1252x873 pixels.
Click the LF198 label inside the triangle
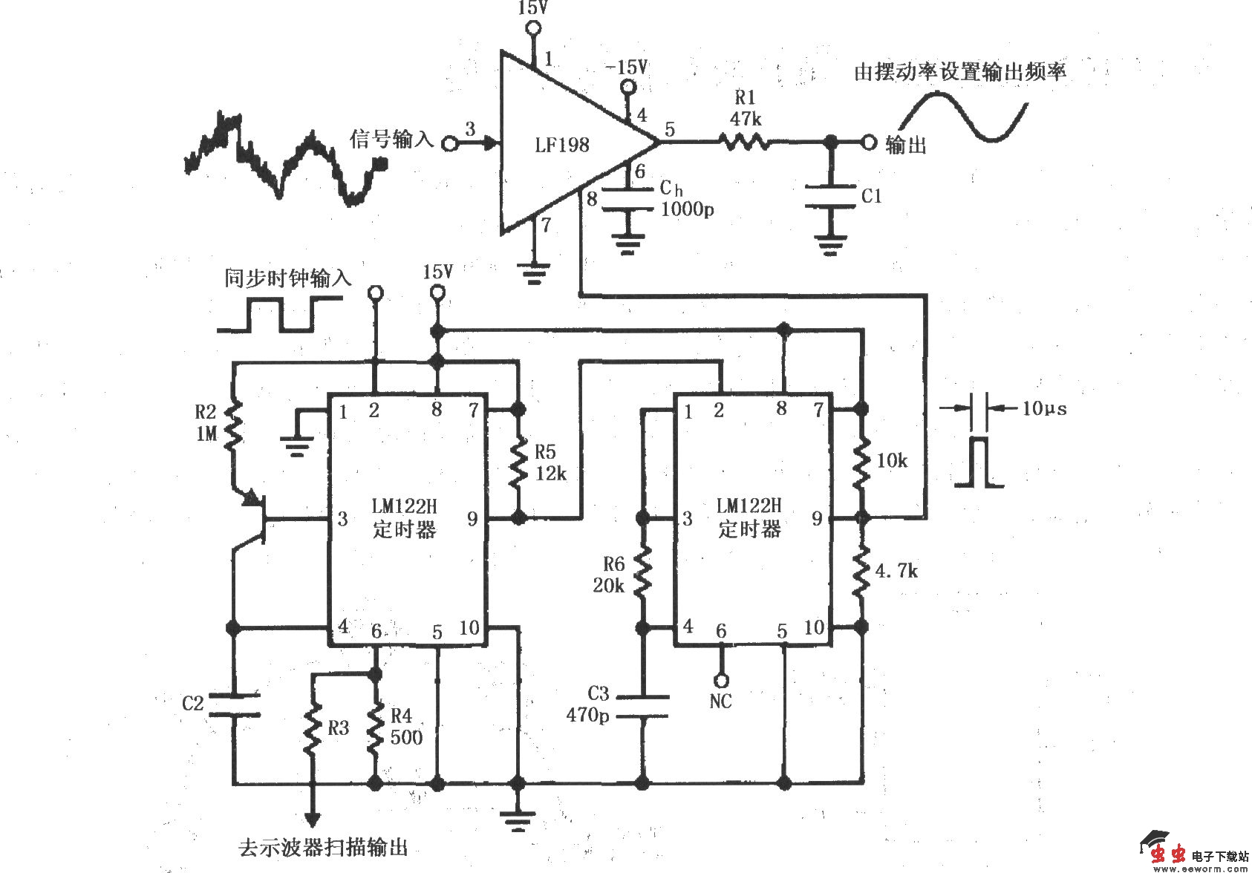point(561,144)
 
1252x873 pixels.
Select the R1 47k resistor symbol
point(743,141)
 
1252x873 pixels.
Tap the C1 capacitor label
point(871,196)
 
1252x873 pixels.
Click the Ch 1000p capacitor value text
point(687,209)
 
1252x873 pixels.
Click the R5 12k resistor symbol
point(518,465)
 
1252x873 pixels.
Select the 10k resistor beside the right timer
point(861,462)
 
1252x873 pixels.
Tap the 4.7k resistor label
point(896,571)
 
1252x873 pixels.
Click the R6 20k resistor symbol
point(642,572)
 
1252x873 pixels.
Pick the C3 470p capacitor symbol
point(642,706)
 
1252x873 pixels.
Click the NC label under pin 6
point(720,702)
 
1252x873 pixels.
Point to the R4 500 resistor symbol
point(376,727)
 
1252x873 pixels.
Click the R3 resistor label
point(338,728)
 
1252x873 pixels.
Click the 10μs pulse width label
point(1044,408)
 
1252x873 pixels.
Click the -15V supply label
point(626,68)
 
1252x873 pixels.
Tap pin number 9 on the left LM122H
point(472,519)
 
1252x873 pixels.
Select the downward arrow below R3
point(313,817)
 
